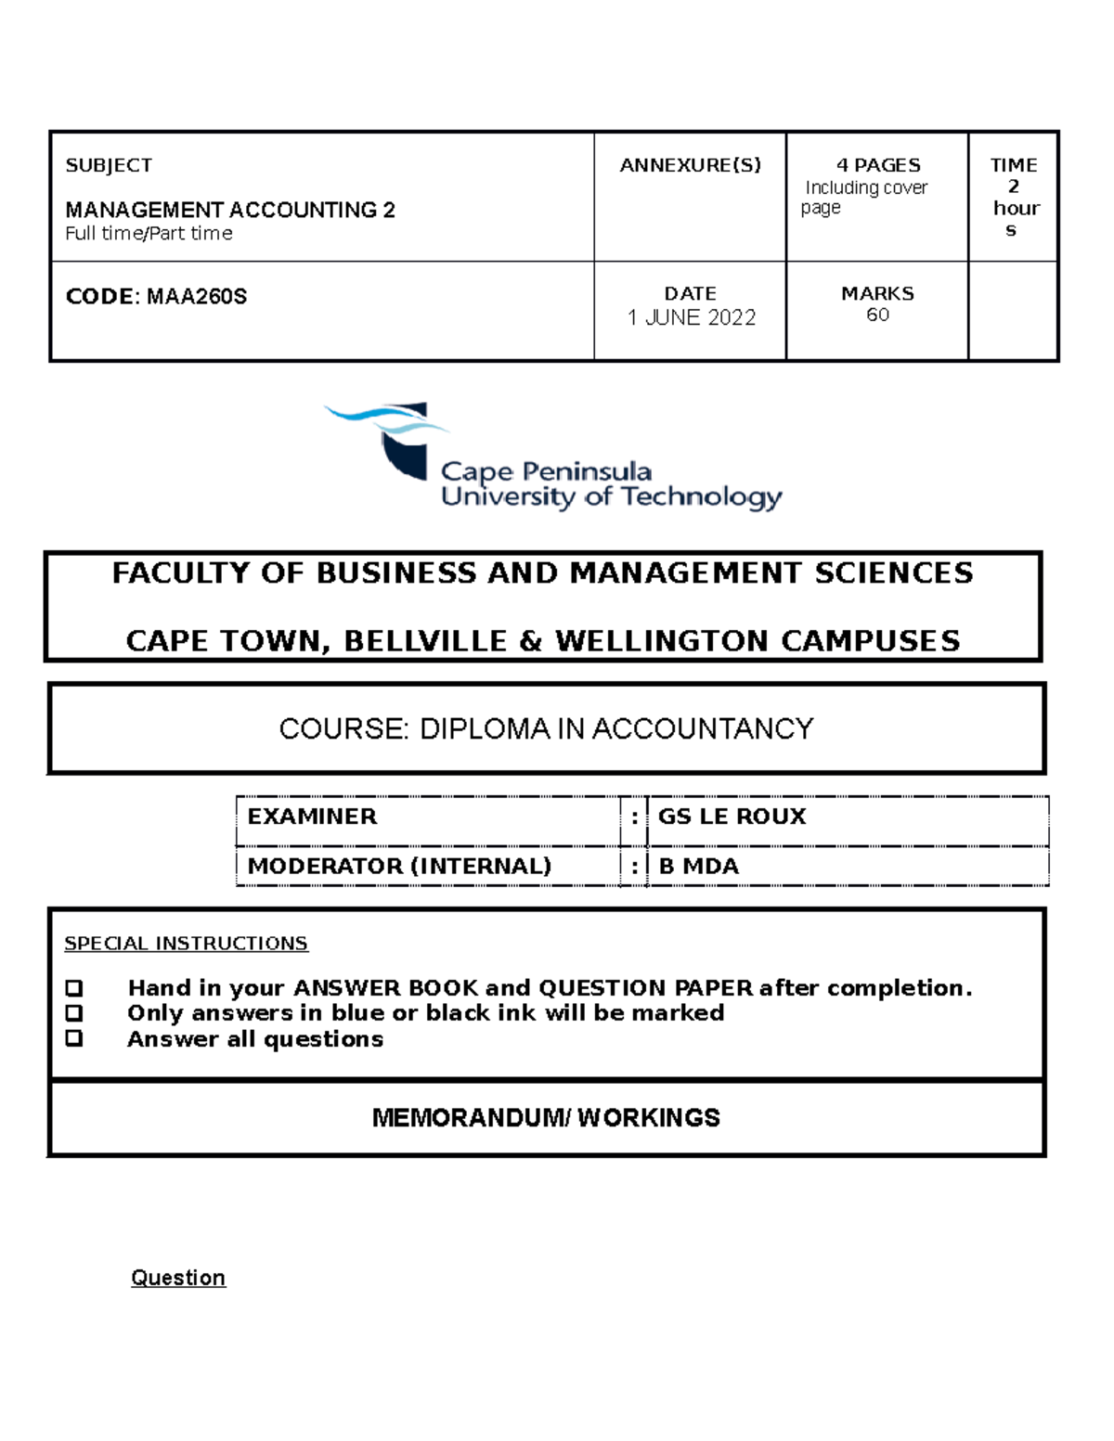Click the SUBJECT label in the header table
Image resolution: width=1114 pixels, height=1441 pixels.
point(109,165)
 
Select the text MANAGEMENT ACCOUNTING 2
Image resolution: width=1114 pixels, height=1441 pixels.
point(230,210)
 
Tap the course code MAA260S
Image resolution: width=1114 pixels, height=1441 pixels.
point(197,297)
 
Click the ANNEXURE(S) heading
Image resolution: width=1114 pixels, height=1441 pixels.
point(690,165)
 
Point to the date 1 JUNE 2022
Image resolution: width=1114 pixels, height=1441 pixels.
point(692,317)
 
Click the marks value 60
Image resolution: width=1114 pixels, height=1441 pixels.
point(877,315)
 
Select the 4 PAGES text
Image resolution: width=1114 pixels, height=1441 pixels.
point(878,165)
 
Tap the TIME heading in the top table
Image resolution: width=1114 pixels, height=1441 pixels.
point(1013,165)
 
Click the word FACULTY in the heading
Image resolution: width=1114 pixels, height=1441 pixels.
point(182,573)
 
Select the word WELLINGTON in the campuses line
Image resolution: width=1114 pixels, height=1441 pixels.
point(663,641)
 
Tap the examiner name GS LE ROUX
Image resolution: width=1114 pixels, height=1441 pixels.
point(732,817)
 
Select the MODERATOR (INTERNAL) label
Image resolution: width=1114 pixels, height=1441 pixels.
point(399,866)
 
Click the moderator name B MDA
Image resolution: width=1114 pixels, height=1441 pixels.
point(698,866)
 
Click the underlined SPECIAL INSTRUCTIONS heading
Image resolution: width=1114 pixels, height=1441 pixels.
point(186,944)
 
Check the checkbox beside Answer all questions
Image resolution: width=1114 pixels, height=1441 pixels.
point(74,1038)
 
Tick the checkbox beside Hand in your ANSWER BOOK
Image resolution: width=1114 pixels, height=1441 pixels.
point(74,988)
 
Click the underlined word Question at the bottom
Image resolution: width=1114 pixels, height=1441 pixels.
point(178,1278)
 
